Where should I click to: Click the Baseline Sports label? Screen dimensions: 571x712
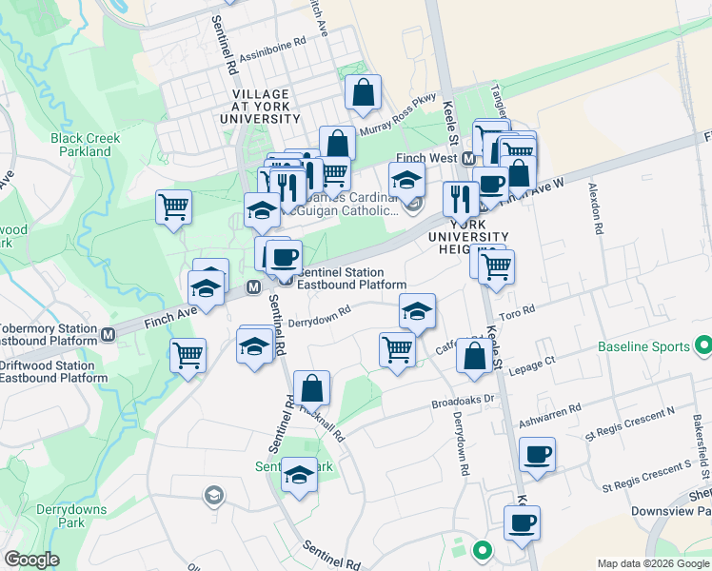pyautogui.click(x=643, y=346)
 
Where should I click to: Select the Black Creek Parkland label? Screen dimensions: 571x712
pyautogui.click(x=86, y=145)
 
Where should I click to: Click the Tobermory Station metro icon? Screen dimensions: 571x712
pyautogui.click(x=109, y=334)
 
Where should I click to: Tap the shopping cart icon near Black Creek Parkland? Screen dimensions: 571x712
pyautogui.click(x=173, y=207)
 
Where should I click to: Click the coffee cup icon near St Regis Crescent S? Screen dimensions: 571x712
pyautogui.click(x=538, y=454)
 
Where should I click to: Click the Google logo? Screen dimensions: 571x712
pyautogui.click(x=32, y=560)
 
